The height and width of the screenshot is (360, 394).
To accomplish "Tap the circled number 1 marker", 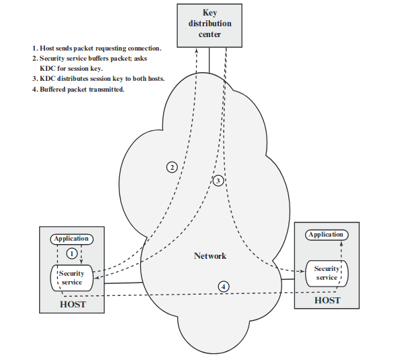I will click(x=71, y=253).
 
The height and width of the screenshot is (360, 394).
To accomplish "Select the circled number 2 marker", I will click(x=172, y=167).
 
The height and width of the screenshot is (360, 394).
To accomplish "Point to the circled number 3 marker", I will click(x=218, y=181).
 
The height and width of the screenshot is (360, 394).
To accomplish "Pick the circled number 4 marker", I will click(x=224, y=286).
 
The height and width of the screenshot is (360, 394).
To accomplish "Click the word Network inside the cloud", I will click(x=210, y=256).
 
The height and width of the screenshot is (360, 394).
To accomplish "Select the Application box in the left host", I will click(x=71, y=239).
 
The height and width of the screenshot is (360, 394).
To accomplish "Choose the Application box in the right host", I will click(x=327, y=235).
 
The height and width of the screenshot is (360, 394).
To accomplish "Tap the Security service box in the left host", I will click(x=71, y=278).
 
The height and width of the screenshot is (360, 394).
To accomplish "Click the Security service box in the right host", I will click(x=327, y=273).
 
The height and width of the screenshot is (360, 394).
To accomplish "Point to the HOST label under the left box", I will click(x=73, y=305).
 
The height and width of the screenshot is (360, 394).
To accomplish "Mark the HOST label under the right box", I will click(x=327, y=300).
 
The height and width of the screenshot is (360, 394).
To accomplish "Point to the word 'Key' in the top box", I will click(x=210, y=13).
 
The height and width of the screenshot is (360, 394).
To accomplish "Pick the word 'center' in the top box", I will click(x=209, y=34).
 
